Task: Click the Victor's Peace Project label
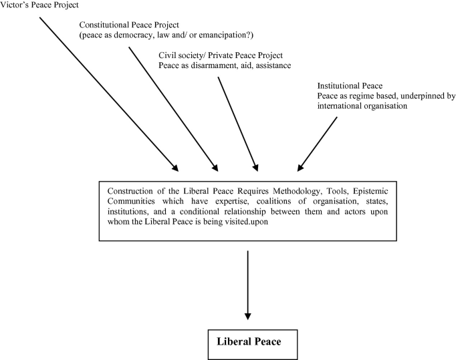click(x=39, y=5)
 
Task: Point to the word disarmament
click(x=220, y=65)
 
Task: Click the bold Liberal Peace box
click(x=248, y=341)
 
